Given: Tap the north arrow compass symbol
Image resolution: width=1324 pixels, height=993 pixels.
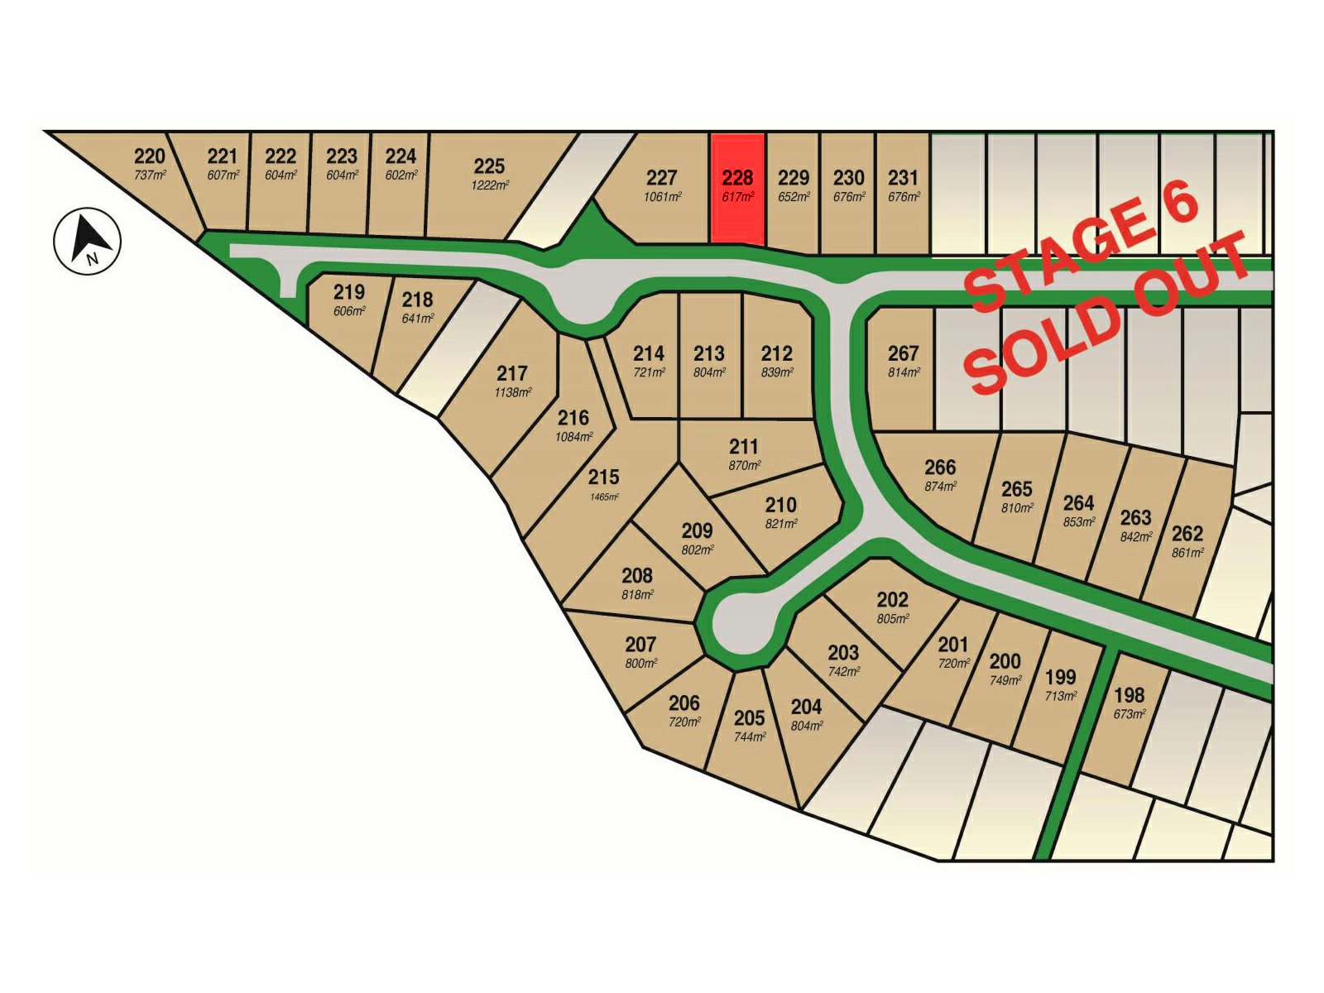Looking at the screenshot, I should tap(88, 241).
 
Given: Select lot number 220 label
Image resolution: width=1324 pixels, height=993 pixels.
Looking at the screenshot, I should tap(150, 156).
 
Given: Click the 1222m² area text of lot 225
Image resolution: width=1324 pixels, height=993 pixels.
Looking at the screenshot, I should tap(490, 185).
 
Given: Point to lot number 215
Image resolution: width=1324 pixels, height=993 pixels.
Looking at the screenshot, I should tap(604, 477).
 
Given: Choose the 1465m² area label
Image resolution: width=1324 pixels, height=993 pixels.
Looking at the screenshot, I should tap(604, 496).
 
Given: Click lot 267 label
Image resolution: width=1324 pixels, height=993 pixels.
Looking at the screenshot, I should tap(903, 354).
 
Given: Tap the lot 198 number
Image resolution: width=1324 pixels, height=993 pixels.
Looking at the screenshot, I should tap(1129, 695).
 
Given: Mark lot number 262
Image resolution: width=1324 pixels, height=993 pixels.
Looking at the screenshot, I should tap(1187, 534).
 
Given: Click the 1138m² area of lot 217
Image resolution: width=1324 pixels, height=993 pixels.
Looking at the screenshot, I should tap(513, 392).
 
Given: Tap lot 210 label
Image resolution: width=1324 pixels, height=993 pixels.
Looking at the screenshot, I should tap(780, 505).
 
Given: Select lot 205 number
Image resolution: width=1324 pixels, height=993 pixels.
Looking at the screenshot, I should tap(749, 717).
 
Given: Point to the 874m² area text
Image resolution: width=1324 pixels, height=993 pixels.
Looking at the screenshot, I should tap(940, 487).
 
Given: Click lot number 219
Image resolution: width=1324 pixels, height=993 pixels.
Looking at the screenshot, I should tap(349, 292).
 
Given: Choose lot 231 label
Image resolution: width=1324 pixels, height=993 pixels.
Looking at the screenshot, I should tap(903, 178).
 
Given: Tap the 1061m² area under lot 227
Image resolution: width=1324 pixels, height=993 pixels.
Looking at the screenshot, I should tap(662, 197).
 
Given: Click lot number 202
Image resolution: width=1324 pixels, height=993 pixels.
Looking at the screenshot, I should tap(892, 600).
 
